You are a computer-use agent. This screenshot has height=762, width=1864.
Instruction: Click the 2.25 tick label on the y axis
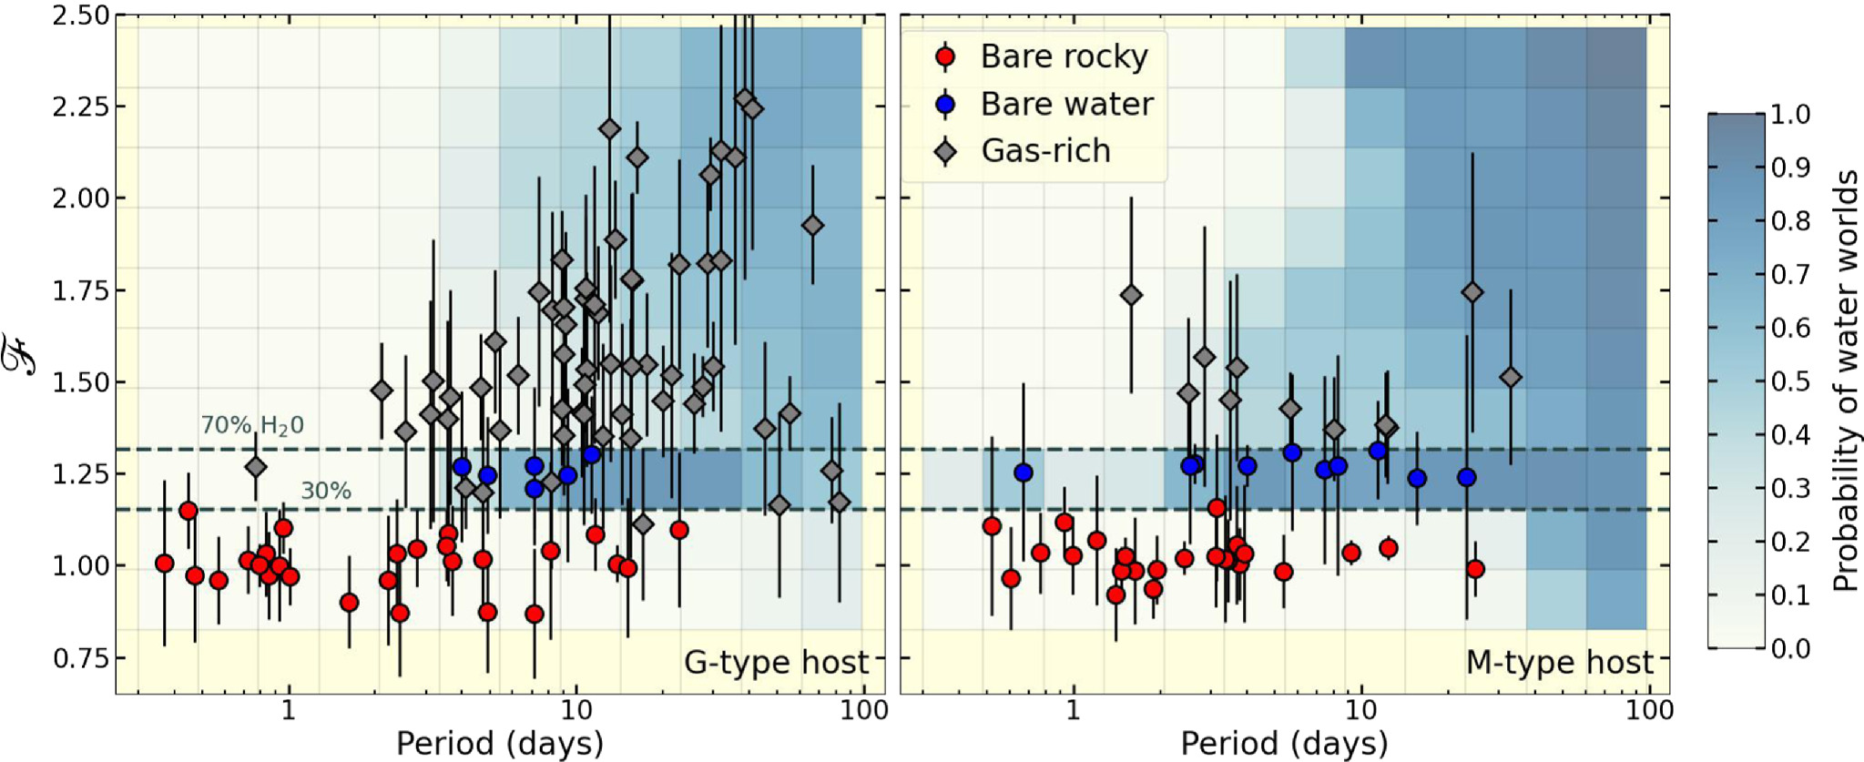pos(80,107)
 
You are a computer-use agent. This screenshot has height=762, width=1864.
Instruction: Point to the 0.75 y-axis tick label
pos(80,658)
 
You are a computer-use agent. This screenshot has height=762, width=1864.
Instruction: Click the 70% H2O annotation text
pos(252,425)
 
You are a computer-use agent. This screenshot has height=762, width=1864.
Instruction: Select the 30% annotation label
pos(326,492)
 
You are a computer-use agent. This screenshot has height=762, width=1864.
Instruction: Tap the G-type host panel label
pos(776,663)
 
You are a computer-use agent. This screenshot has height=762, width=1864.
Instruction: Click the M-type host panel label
pos(1559,663)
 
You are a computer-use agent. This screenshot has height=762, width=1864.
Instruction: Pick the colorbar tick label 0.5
pos(1790,381)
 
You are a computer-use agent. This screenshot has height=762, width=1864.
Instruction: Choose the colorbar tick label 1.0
pos(1790,115)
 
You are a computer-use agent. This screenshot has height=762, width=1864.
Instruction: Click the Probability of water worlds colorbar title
pos(1845,381)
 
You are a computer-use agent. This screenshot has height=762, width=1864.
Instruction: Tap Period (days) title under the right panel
pos(1284,744)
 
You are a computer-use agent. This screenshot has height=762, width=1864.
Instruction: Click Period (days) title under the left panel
pos(500,744)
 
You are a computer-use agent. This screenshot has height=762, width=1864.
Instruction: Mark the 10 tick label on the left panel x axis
pos(575,710)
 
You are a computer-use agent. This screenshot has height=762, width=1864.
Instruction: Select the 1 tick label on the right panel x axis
pos(1073,710)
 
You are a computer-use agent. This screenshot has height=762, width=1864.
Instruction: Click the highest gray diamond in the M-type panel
pos(1131,295)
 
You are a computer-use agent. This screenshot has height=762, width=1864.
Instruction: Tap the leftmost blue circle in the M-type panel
pos(1024,472)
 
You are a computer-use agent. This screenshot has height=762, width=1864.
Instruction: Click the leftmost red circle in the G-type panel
pos(165,564)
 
